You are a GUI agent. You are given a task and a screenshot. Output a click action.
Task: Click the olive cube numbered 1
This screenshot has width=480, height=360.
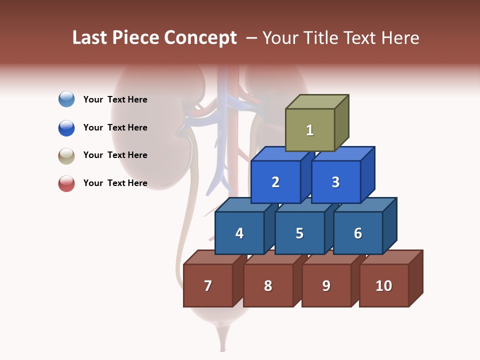pyautogui.click(x=310, y=130)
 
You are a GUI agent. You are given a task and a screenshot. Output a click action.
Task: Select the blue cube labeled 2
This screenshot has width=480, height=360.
pyautogui.click(x=275, y=182)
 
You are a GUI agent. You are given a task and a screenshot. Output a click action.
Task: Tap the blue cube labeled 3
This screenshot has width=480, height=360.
pyautogui.click(x=335, y=182)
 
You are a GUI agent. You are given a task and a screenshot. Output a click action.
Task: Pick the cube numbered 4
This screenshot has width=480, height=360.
pyautogui.click(x=239, y=233)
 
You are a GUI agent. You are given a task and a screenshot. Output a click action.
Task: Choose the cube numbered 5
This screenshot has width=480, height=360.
pyautogui.click(x=299, y=233)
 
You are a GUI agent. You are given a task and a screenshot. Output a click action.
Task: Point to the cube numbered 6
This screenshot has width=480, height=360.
pyautogui.click(x=358, y=233)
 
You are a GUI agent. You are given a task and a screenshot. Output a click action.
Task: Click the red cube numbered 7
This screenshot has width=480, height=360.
pyautogui.click(x=208, y=285)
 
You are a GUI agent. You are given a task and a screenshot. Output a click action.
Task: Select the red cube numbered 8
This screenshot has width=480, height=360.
pyautogui.click(x=268, y=285)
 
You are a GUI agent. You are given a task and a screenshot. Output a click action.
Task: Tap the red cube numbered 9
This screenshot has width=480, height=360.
pyautogui.click(x=326, y=285)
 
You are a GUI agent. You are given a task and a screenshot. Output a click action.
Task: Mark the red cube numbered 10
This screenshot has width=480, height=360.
pyautogui.click(x=384, y=285)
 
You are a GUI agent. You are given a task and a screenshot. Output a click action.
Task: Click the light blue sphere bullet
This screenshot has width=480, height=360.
pyautogui.click(x=66, y=99)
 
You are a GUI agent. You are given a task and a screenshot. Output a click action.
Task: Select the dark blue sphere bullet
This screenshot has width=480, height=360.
pyautogui.click(x=66, y=127)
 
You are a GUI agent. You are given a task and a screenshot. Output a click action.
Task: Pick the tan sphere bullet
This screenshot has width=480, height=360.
pyautogui.click(x=66, y=155)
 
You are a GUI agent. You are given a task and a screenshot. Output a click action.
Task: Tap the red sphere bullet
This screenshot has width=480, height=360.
pyautogui.click(x=66, y=183)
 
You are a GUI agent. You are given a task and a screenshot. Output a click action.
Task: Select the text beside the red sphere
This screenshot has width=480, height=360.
pyautogui.click(x=115, y=183)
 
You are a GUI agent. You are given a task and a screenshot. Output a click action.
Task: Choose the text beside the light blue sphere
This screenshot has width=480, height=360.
pyautogui.click(x=115, y=99)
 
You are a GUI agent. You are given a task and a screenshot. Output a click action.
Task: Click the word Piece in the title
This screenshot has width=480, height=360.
pyautogui.click(x=134, y=38)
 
